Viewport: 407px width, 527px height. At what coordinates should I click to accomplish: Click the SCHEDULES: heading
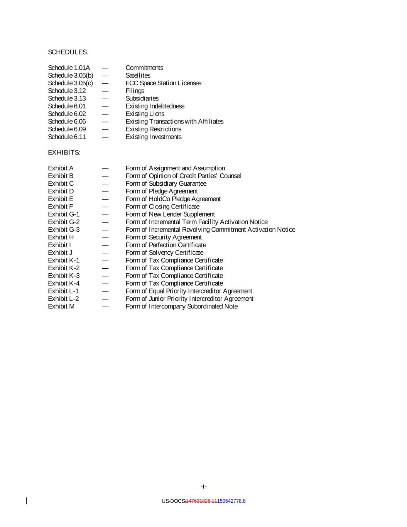68,52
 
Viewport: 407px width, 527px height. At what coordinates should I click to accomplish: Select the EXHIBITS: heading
64,153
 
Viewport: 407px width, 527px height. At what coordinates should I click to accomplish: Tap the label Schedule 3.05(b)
71,75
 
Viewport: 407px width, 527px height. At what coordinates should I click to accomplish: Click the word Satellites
138,75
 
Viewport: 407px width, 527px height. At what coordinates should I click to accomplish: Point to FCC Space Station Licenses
163,83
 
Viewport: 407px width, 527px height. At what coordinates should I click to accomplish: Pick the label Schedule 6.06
67,122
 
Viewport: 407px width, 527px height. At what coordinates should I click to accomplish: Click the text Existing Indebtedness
155,106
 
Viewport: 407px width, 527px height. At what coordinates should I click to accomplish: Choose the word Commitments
144,68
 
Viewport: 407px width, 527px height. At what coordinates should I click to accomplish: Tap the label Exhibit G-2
64,222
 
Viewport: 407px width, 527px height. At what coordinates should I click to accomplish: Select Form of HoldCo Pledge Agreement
173,199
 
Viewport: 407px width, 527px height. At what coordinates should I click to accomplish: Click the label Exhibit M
61,307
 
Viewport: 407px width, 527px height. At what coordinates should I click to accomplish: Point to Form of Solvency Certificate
164,252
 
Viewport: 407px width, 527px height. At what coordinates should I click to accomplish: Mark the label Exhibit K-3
64,276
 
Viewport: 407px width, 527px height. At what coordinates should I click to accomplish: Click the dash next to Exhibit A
105,168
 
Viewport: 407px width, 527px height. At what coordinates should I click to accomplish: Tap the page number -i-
204,486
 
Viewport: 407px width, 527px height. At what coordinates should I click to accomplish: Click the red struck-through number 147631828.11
201,501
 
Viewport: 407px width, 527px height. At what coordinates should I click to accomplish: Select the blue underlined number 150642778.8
231,501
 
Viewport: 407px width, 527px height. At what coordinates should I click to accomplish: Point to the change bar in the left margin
27,501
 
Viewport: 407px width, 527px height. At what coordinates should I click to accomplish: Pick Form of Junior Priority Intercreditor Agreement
189,299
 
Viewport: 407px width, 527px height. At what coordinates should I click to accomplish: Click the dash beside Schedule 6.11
105,137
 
